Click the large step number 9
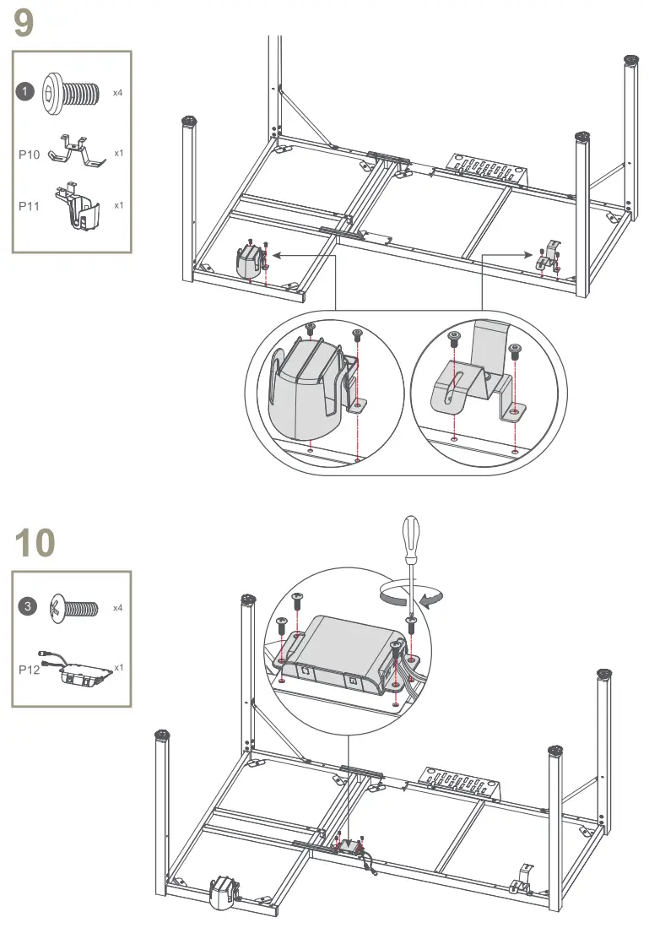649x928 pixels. (24, 24)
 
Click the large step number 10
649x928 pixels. (35, 543)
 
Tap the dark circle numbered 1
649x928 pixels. (24, 92)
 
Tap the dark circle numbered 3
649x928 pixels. (27, 606)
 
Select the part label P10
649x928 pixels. (29, 155)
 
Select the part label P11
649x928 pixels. (29, 206)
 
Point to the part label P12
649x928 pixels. (29, 670)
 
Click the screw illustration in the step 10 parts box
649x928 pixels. (73, 609)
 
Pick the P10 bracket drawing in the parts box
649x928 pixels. (74, 150)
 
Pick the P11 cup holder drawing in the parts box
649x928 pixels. (77, 206)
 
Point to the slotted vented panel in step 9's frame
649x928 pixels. (486, 169)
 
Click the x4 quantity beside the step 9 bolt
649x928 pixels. (117, 93)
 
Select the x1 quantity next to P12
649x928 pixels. (119, 667)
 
